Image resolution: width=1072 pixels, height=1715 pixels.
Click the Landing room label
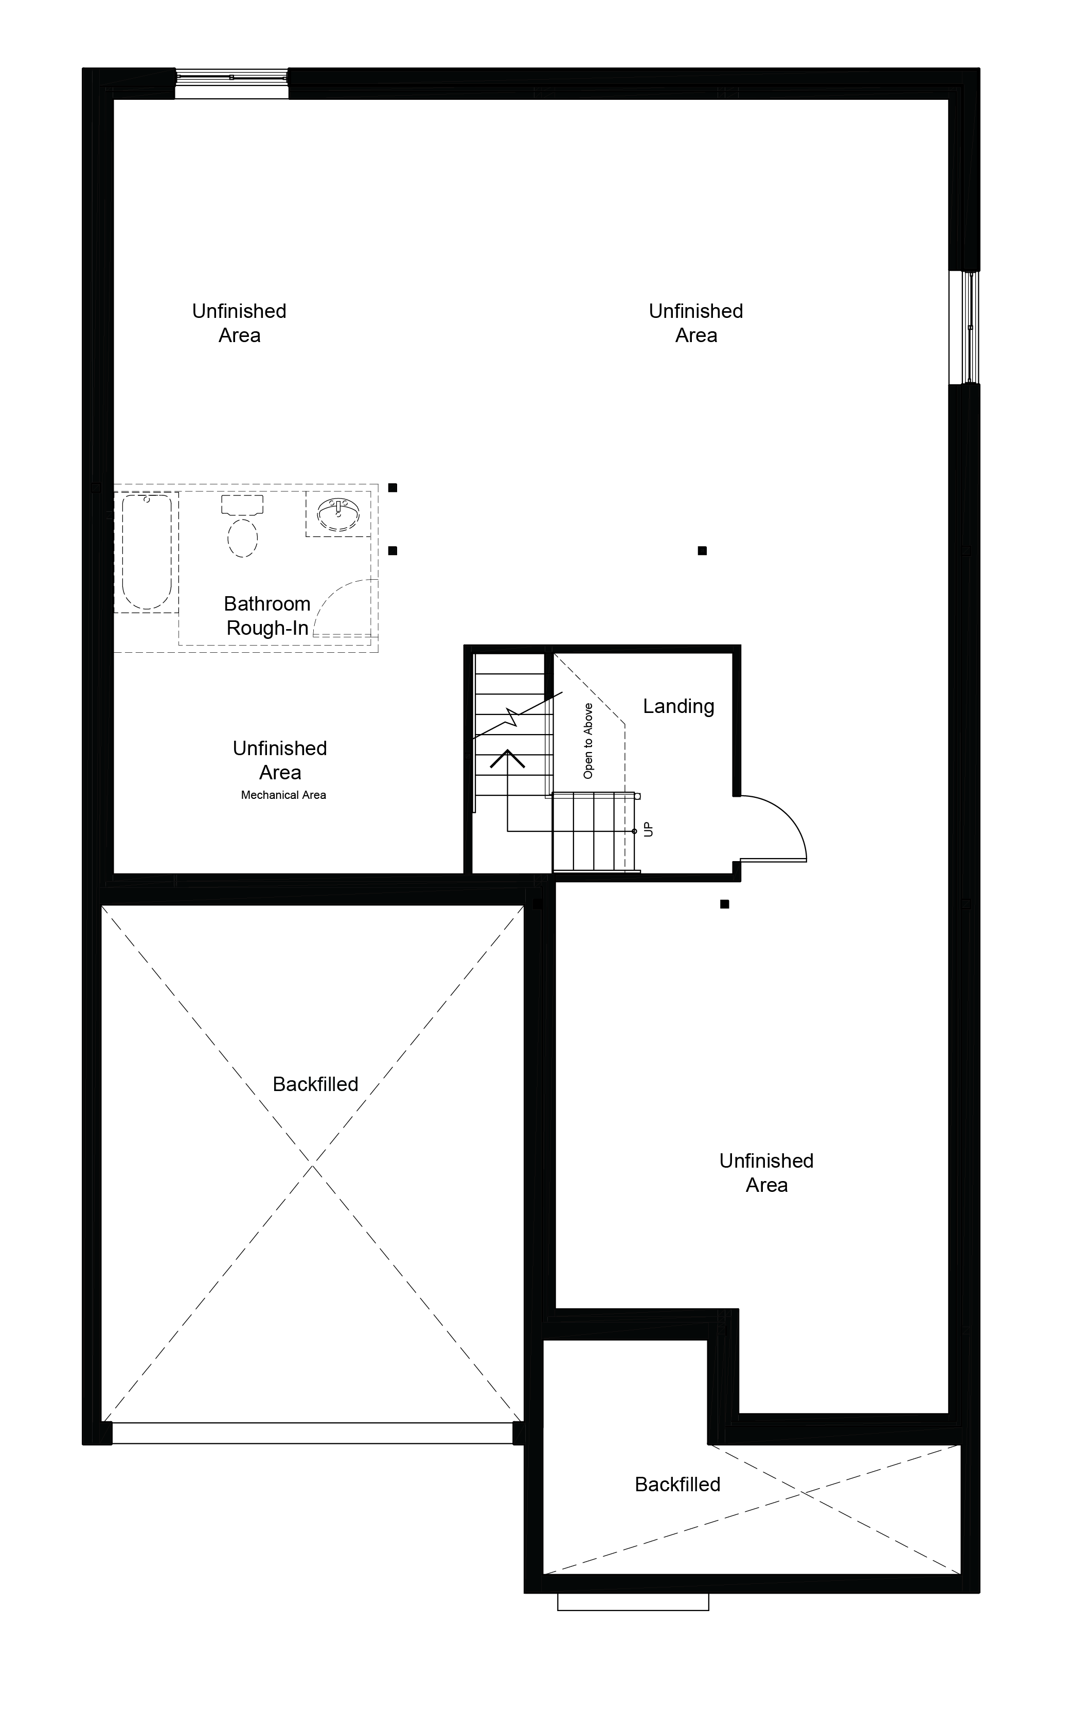678,706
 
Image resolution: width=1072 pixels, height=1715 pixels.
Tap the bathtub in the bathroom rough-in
147,551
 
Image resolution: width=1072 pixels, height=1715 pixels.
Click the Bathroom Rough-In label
267,615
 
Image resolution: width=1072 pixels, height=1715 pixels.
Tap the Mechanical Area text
283,795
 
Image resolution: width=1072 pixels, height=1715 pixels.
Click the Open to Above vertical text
588,741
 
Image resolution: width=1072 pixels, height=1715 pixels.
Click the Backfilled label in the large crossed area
315,1084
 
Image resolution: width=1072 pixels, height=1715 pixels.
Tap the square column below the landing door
725,904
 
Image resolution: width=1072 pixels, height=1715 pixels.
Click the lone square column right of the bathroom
702,551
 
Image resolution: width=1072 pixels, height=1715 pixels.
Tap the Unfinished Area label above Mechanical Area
280,760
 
